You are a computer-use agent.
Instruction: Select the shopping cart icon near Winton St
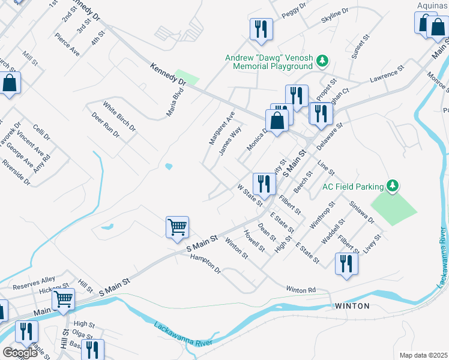(x=177, y=228)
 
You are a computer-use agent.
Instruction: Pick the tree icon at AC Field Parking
(x=393, y=186)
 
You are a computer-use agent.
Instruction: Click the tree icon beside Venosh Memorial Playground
(x=323, y=60)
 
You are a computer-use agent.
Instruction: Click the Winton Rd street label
(x=301, y=289)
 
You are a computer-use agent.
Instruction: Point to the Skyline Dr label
(x=334, y=16)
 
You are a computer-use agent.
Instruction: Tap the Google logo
(x=20, y=353)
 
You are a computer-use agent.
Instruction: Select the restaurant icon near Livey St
(x=346, y=265)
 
